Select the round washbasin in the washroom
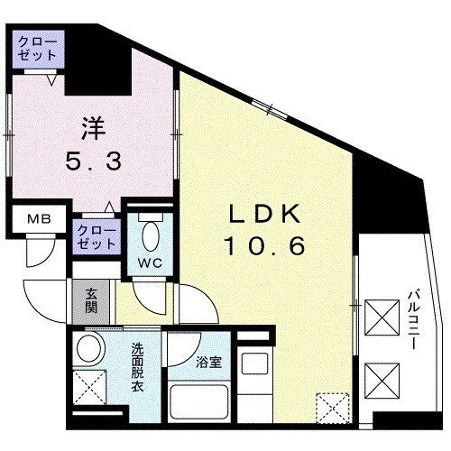point(89,350)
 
